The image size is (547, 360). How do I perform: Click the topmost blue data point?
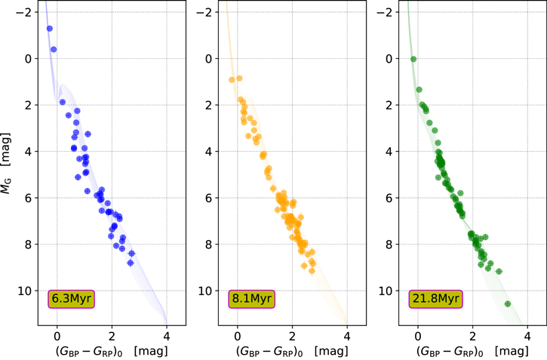point(50,29)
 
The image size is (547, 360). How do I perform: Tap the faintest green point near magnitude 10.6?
point(508,304)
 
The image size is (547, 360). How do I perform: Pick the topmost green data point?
point(413,59)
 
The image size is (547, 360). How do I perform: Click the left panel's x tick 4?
point(166,334)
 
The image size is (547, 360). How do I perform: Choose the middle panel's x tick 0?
point(237,334)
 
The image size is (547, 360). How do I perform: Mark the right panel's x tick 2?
point(472,334)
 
